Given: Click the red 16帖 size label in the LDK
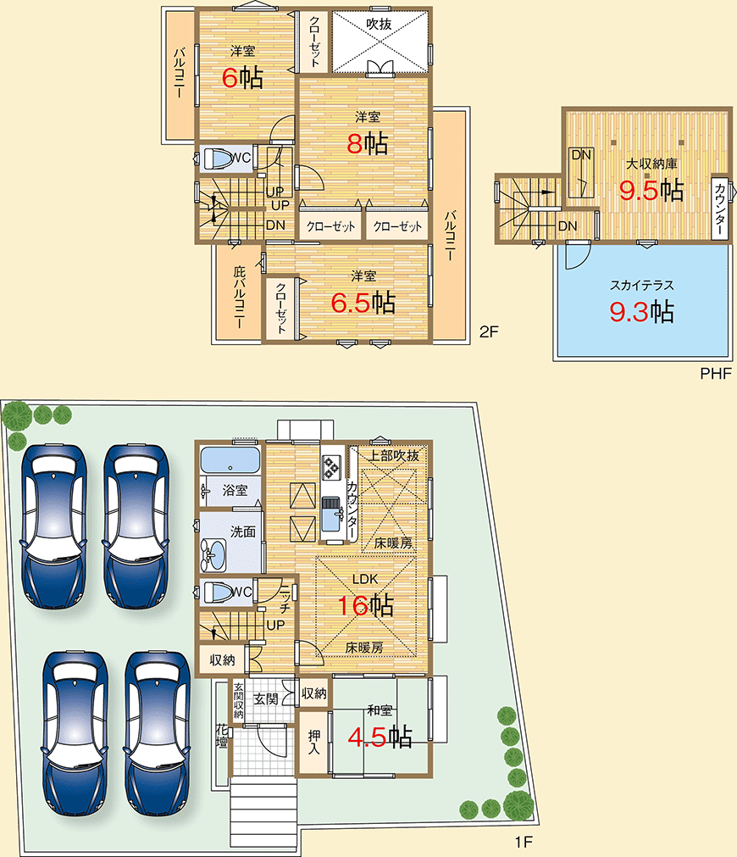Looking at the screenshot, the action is click(365, 605).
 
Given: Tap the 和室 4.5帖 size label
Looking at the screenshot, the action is click(380, 737).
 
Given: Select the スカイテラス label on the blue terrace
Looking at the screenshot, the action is click(642, 285).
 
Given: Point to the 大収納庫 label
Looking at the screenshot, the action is click(651, 164).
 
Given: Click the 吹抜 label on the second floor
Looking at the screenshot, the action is click(379, 24).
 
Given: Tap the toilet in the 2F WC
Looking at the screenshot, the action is click(219, 159).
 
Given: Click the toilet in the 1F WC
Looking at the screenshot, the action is click(219, 592).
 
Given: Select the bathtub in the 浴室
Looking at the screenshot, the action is click(230, 459).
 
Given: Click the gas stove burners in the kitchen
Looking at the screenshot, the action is click(330, 468).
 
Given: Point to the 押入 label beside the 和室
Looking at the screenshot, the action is click(313, 742).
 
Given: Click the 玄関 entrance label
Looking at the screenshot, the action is click(266, 698).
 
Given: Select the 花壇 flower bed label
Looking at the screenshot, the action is click(222, 736).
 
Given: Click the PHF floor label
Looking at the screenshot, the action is click(716, 373).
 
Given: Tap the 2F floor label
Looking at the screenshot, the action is click(489, 331).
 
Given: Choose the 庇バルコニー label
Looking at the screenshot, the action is click(239, 298).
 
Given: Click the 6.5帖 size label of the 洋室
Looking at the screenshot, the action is click(363, 303).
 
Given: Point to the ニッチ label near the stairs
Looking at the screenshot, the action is click(285, 598).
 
